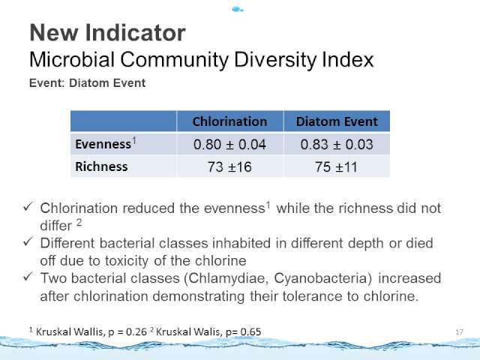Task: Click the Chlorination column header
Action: click(x=230, y=121)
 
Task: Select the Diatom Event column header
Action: click(x=337, y=121)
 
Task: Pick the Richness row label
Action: click(x=101, y=166)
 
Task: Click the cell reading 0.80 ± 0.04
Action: click(x=229, y=145)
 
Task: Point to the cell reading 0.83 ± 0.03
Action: click(x=337, y=145)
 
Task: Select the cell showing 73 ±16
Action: click(x=229, y=167)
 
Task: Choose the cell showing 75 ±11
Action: click(x=337, y=167)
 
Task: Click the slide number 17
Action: click(x=460, y=332)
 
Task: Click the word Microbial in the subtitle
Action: click(x=72, y=59)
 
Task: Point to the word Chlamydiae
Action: click(x=228, y=278)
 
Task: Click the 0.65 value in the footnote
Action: click(x=250, y=331)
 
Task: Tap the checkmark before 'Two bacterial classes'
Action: click(x=28, y=277)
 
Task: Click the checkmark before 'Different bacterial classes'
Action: click(x=28, y=242)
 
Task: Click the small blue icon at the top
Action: click(x=237, y=10)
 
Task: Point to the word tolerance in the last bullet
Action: click(x=312, y=296)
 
